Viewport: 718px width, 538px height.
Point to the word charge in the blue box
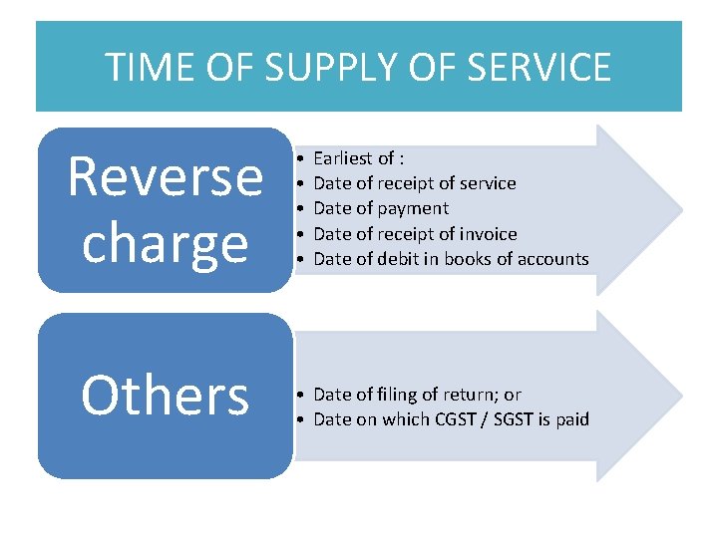[165, 242]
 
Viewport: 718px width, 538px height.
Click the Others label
[165, 395]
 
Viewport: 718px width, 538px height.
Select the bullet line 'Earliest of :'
[358, 158]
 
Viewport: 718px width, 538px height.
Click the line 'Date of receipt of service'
[414, 183]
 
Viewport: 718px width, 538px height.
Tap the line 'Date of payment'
[381, 208]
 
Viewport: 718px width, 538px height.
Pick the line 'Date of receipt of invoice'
[415, 234]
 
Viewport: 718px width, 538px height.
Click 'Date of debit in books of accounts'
[451, 259]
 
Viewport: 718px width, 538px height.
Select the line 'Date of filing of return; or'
[417, 395]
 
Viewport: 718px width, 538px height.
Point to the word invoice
[488, 234]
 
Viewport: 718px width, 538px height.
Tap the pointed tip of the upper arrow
[681, 208]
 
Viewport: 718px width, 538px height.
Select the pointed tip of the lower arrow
[681, 396]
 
